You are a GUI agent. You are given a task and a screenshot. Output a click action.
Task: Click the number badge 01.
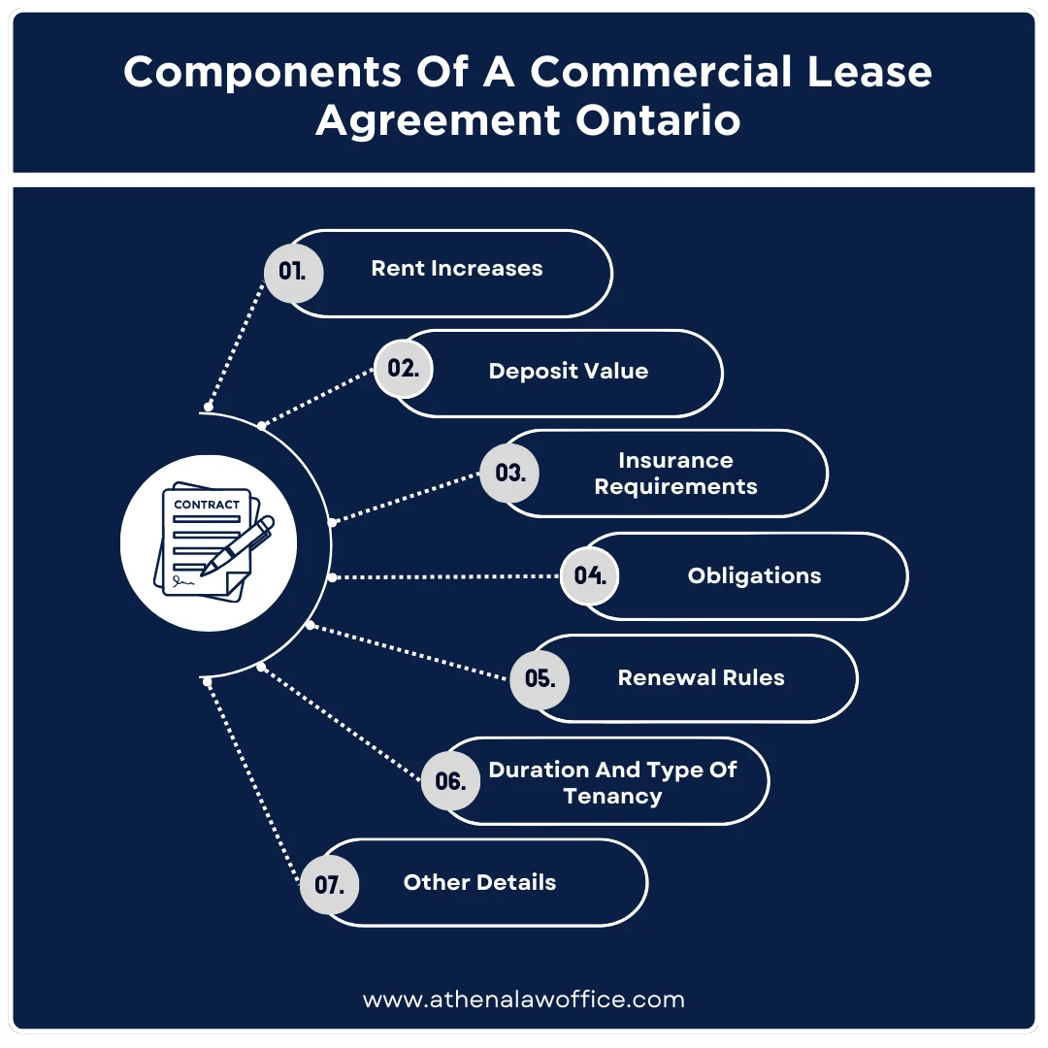[293, 272]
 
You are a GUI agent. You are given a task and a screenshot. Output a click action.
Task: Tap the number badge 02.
[403, 369]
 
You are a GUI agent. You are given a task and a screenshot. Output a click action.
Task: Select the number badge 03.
[509, 473]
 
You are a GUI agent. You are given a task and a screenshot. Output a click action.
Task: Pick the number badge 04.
[590, 575]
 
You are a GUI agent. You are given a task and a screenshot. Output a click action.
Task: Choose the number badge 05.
[540, 678]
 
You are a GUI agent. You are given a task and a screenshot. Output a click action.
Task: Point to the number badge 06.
[450, 781]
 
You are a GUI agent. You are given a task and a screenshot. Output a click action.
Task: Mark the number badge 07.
[329, 885]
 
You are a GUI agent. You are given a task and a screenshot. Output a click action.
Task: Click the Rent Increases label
[457, 269]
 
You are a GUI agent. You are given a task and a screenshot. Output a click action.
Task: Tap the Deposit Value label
[568, 371]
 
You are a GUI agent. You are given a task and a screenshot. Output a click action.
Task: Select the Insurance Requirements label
[675, 473]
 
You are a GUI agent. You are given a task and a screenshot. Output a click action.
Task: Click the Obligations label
[754, 575]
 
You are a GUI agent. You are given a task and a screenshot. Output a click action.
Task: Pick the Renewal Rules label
[701, 677]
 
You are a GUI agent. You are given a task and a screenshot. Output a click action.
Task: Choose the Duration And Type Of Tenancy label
[612, 782]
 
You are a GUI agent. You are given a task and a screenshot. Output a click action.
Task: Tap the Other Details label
[479, 882]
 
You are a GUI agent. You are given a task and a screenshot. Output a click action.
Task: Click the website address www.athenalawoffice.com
[524, 999]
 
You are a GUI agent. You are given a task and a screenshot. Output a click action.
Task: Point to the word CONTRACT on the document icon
[206, 505]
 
